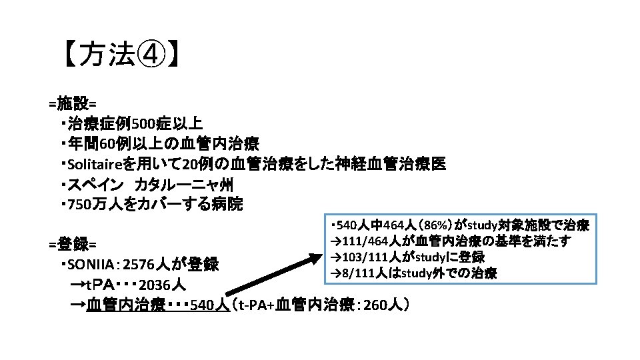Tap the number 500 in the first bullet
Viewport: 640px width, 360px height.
pos(144,124)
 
